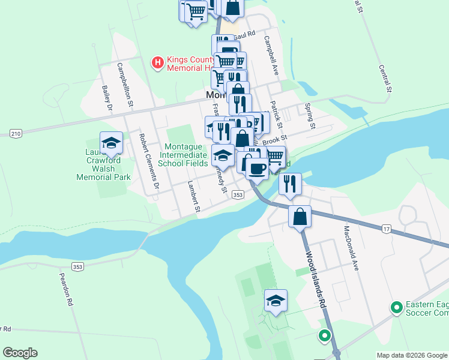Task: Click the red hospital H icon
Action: pos(157,62)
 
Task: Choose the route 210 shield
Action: pos(16,133)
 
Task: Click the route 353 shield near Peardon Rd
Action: pos(77,266)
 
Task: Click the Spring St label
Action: pos(310,116)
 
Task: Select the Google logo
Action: pos(20,353)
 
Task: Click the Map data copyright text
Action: pos(411,355)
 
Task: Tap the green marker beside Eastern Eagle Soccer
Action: pos(396,308)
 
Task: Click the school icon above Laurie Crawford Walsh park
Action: pos(111,143)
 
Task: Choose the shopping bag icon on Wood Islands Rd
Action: pos(300,216)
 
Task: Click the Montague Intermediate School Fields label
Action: pos(184,154)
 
